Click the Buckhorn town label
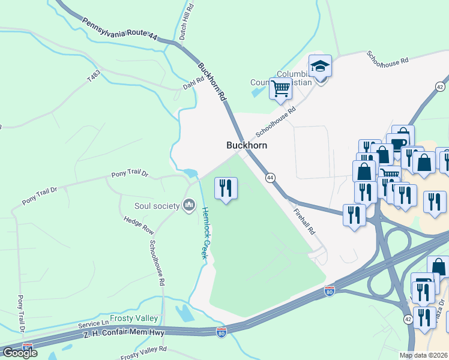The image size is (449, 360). pos(246,145)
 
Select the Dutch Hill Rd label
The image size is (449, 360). pos(187,22)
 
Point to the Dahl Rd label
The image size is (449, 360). pos(193,86)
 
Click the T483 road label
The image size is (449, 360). pos(93,77)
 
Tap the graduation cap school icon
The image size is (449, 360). pos(320,66)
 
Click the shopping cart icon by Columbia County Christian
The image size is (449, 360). pos(280,89)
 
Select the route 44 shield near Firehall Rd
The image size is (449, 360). pos(270,178)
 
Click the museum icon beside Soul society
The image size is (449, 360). pos(189,206)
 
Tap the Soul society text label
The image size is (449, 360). pos(157,206)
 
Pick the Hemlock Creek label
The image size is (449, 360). pos(205,233)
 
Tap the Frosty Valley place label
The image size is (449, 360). pos(134,318)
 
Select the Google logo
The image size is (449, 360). pos(19,353)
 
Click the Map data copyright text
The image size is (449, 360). pos(424,355)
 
